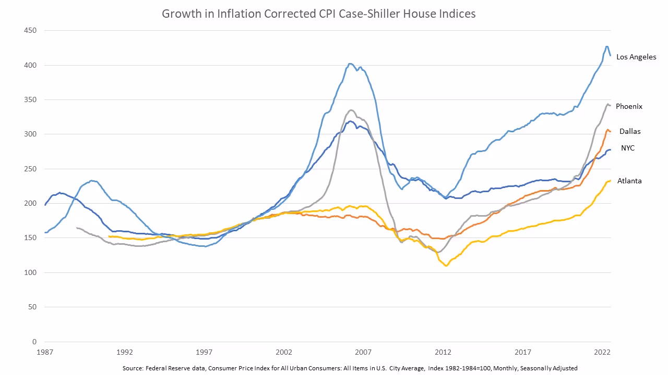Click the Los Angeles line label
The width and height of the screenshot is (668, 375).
pos(636,57)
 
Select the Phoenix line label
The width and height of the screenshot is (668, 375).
pos(629,106)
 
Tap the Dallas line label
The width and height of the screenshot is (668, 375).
pos(630,131)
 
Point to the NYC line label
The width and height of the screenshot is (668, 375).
pos(627,148)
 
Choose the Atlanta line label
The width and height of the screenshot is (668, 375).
pos(629,181)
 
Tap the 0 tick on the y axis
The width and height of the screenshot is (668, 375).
pos(33,342)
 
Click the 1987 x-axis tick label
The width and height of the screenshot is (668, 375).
pos(45,352)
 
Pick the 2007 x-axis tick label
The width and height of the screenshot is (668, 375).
pos(364,352)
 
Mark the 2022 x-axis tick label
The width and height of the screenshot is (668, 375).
pos(602,352)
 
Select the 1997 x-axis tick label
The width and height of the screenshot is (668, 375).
pos(205,352)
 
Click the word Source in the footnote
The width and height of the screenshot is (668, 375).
pos(133,368)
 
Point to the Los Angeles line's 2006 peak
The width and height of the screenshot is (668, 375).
pos(351,64)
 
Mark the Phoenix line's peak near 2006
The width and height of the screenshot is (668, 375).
pos(351,110)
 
